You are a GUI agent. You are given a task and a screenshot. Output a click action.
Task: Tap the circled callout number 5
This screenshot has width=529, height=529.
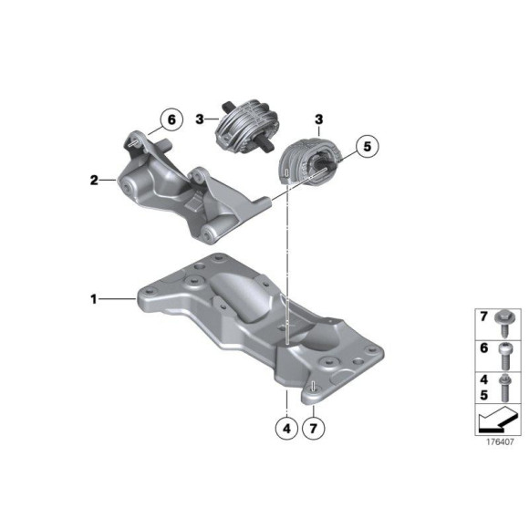366,145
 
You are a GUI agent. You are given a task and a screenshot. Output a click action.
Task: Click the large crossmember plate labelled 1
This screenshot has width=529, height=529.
264,328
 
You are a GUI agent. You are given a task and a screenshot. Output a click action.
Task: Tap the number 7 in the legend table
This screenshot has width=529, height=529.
483,316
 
